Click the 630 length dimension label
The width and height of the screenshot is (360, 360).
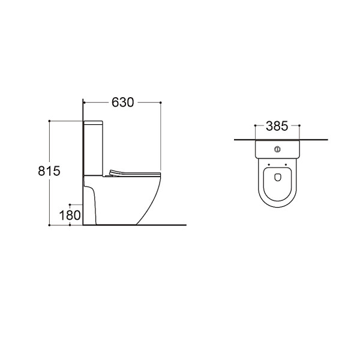pyautogui.click(x=122, y=103)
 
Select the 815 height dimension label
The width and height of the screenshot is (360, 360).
pyautogui.click(x=49, y=171)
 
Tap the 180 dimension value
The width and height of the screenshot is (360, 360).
pyautogui.click(x=70, y=215)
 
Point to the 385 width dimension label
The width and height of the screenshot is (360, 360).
pyautogui.click(x=277, y=126)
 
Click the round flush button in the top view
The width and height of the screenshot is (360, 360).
pyautogui.click(x=277, y=149)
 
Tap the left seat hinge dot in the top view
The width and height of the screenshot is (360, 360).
pyautogui.click(x=269, y=164)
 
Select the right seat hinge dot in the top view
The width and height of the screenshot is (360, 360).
pyautogui.click(x=286, y=164)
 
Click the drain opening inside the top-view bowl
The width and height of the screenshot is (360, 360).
pyautogui.click(x=278, y=176)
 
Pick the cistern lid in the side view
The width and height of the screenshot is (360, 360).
pyautogui.click(x=93, y=123)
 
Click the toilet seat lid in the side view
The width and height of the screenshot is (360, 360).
pyautogui.click(x=134, y=173)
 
